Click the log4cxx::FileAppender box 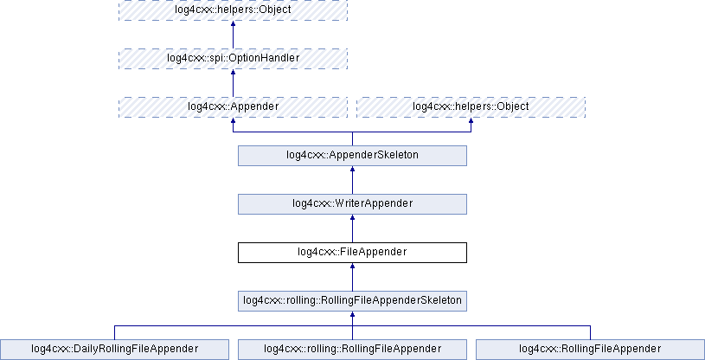pos(352,252)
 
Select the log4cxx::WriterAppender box pos(352,203)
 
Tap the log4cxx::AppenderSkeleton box pos(352,155)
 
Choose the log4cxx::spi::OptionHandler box pos(233,58)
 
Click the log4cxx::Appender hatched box pos(233,106)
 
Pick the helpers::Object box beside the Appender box pos(471,106)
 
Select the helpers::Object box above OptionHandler pos(233,10)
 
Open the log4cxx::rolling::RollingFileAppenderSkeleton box pos(352,300)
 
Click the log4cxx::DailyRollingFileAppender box pos(114,349)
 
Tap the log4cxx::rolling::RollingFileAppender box pos(352,349)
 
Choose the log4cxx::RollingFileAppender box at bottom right pos(590,349)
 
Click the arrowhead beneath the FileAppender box pos(352,267)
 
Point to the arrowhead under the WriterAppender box pos(352,219)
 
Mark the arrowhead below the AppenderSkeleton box pos(352,170)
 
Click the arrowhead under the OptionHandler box pos(233,74)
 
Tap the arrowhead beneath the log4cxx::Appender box pos(233,122)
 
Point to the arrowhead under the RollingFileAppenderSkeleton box pos(352,316)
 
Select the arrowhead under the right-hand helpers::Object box pos(471,122)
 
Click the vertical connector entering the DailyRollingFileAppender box pos(114,331)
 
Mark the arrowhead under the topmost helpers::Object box pos(233,25)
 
